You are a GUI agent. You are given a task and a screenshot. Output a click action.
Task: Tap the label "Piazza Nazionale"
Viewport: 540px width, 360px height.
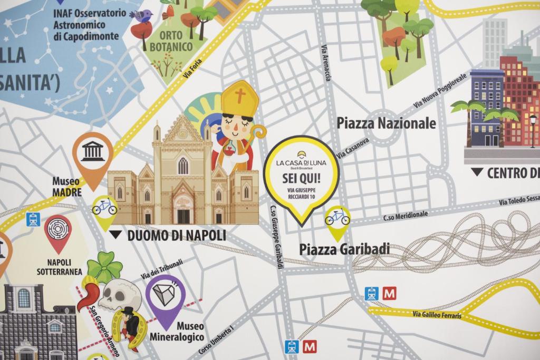[x=386, y=123]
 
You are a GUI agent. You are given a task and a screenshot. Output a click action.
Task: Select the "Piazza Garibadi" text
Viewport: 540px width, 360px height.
[x=344, y=249]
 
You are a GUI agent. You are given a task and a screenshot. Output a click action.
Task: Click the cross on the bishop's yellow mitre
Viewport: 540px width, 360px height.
[x=240, y=96]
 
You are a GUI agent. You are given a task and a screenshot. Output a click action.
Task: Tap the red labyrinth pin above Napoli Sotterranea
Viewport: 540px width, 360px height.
[x=57, y=231]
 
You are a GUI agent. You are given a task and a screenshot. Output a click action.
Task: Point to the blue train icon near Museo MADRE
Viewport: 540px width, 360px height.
[x=33, y=219]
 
